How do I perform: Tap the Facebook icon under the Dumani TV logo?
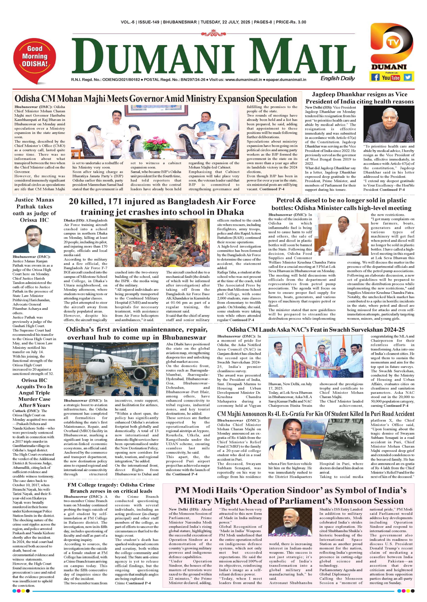375,77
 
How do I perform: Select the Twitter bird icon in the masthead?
408,77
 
